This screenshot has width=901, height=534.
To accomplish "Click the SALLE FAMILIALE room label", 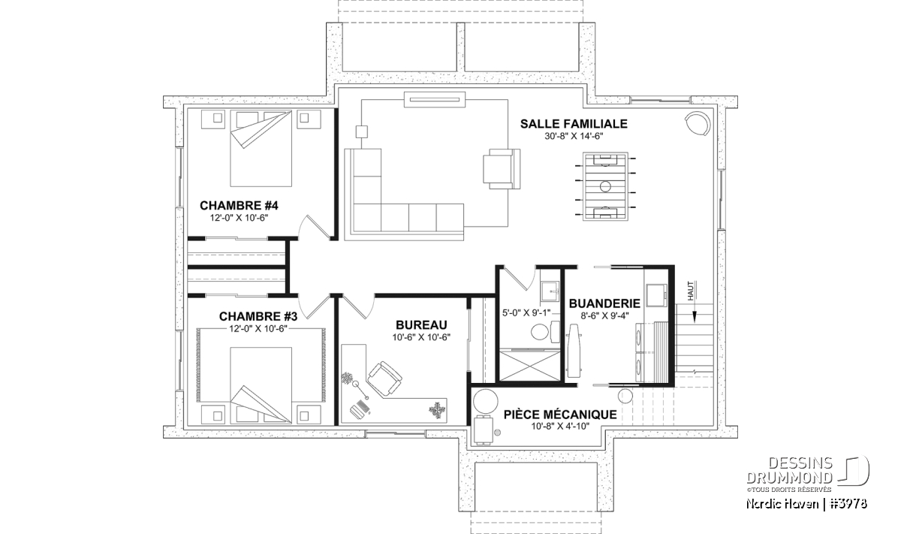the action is pyautogui.click(x=574, y=123).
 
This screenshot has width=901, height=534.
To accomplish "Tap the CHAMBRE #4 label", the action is pyautogui.click(x=239, y=206).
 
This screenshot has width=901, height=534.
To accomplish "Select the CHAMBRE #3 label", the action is pyautogui.click(x=258, y=317).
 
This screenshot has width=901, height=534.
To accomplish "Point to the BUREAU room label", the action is pyautogui.click(x=421, y=324).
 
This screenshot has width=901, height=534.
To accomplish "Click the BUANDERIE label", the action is pyautogui.click(x=604, y=303).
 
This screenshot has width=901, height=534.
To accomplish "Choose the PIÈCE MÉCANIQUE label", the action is pyautogui.click(x=560, y=414).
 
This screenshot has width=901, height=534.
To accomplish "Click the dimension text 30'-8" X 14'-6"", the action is pyautogui.click(x=574, y=137).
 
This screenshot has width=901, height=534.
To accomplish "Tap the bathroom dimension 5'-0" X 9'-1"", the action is pyautogui.click(x=526, y=312).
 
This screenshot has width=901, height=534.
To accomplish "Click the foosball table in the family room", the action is pyautogui.click(x=605, y=186).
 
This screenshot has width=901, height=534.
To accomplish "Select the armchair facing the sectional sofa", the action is pyautogui.click(x=502, y=168).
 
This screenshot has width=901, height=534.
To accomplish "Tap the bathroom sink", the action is pyautogui.click(x=550, y=291).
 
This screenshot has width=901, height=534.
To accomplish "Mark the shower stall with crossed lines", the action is pyautogui.click(x=529, y=366).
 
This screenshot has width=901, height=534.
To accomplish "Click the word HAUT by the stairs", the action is pyautogui.click(x=691, y=291).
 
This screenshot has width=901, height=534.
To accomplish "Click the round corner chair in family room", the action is pyautogui.click(x=698, y=122).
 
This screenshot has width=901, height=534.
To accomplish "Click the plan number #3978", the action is pyautogui.click(x=849, y=504).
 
